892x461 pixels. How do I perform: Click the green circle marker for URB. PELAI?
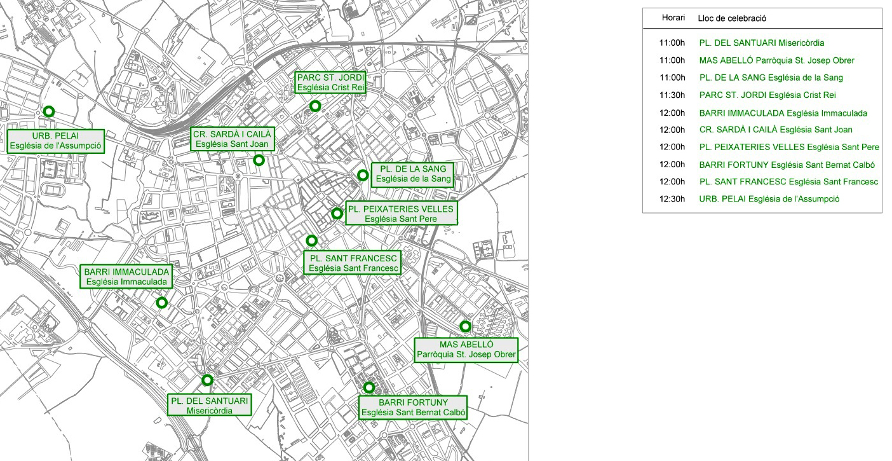coord(49,111)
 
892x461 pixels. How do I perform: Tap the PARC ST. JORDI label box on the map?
coord(330,83)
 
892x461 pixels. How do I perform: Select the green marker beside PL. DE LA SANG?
coord(362,175)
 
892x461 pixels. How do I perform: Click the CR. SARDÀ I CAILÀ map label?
coord(233,139)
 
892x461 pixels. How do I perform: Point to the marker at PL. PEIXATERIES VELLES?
coord(337,214)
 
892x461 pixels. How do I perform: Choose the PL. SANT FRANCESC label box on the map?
coord(353,263)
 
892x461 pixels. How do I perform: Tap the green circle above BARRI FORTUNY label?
coord(369,387)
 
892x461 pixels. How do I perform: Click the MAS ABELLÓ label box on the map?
coord(466,350)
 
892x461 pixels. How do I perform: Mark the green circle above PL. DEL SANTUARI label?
coord(207,380)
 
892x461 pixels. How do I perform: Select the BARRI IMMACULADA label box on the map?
coord(126,277)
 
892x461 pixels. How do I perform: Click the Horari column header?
coord(673,18)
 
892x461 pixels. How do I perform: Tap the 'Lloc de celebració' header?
coord(732,18)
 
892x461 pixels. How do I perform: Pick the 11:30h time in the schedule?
coord(672,95)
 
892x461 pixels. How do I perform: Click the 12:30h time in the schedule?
coord(672,199)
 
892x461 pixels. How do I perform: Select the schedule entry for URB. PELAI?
coord(769,199)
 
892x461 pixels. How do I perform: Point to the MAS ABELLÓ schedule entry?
coord(777,60)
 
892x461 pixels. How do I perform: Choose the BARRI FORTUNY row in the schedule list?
coord(787,165)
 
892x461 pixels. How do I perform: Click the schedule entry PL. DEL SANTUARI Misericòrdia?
coord(762,43)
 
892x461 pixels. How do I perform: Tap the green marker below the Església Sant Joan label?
coord(259,160)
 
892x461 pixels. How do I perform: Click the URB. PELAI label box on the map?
coord(56,141)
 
